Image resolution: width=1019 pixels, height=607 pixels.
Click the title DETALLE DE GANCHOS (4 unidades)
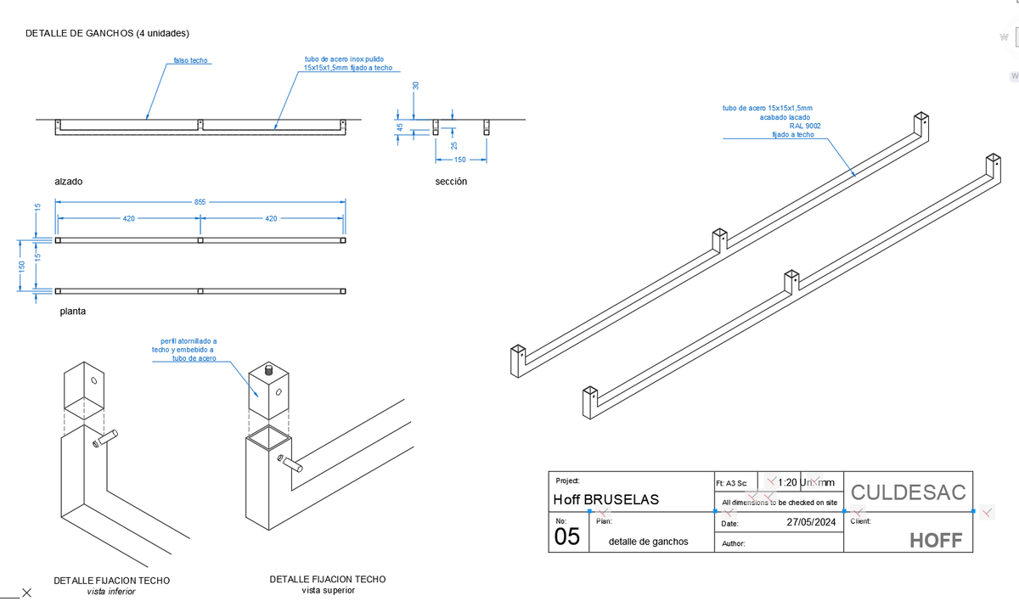tap(107, 33)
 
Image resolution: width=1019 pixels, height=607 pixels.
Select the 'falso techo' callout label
tap(191, 61)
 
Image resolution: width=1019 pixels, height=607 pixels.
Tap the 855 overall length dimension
tap(200, 202)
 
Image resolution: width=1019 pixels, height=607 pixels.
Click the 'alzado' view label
tap(69, 182)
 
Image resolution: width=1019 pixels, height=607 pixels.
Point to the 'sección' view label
tap(450, 181)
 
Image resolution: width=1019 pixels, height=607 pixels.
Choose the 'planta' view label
tap(72, 312)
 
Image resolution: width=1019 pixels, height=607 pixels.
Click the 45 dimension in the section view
tap(399, 126)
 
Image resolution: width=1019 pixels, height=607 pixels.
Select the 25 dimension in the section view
tap(453, 146)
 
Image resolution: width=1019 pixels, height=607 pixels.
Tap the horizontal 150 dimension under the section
tap(459, 160)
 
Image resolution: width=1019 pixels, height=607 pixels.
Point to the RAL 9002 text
tap(804, 126)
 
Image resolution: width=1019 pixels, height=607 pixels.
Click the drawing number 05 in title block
tap(567, 537)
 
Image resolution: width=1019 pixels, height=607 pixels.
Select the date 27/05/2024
tap(812, 521)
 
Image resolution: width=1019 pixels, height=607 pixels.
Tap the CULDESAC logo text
tap(908, 492)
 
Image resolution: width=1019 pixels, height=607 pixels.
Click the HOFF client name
tap(936, 540)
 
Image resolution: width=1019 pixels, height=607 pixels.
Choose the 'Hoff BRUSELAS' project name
tap(605, 499)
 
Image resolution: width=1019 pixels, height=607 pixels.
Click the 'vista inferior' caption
tap(111, 592)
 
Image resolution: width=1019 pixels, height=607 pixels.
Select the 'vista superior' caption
tap(328, 590)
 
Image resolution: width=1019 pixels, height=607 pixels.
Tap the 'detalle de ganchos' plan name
tap(649, 541)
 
